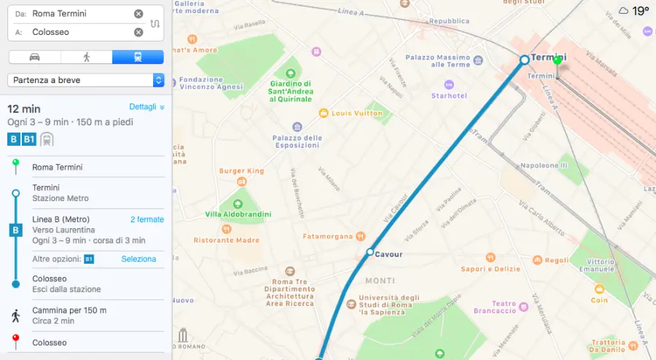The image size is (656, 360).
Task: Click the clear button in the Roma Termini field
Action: (x=138, y=14)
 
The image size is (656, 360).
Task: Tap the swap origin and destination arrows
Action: (x=155, y=23)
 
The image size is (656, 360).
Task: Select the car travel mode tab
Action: (x=35, y=57)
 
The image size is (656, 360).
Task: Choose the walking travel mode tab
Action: (x=87, y=57)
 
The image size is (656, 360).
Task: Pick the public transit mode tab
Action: (x=138, y=57)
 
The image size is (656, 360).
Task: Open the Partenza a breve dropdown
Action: (x=86, y=80)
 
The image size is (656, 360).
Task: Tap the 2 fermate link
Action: (x=147, y=219)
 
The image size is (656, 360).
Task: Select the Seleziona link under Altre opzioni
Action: (x=138, y=259)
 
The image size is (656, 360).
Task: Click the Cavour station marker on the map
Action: (x=370, y=252)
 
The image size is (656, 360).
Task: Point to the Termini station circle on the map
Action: (x=524, y=60)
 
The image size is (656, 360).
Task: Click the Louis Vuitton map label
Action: (x=356, y=114)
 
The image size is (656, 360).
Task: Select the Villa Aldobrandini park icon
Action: (x=237, y=202)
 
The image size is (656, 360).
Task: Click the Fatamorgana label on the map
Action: (x=328, y=236)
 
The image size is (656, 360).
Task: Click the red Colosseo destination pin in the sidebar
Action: (x=15, y=340)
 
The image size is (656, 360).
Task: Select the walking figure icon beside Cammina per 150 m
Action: (x=15, y=316)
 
